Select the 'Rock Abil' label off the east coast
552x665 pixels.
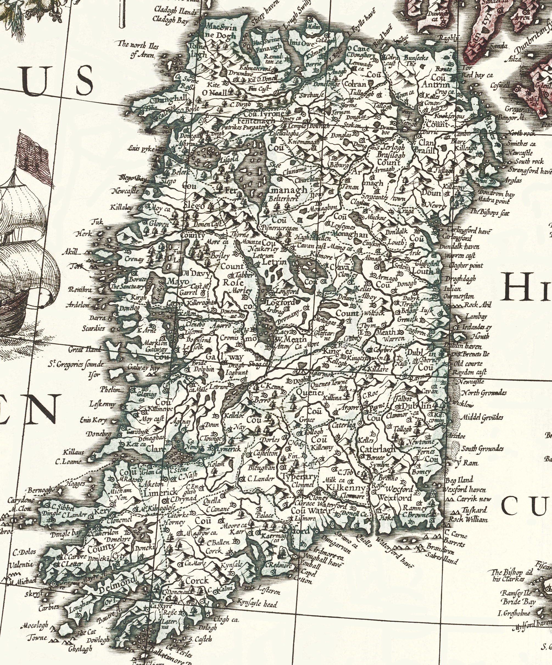478,305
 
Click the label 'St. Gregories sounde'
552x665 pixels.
76,365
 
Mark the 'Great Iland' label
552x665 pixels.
85,350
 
